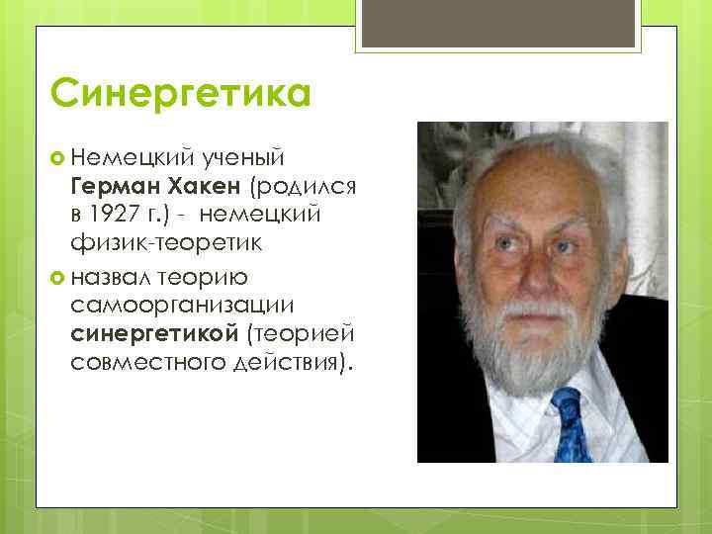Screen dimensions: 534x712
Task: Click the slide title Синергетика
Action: (180, 95)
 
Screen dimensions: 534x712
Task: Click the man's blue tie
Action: (571, 425)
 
